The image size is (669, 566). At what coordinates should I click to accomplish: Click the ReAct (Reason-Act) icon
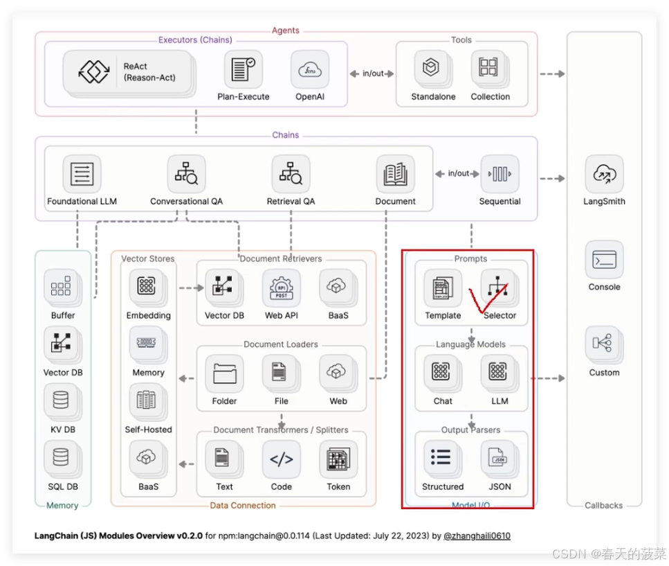pos(94,72)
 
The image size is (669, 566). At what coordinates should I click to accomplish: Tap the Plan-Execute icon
pos(243,70)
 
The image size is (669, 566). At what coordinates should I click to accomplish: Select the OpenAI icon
pos(309,70)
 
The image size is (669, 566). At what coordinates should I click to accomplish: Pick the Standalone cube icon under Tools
pos(432,69)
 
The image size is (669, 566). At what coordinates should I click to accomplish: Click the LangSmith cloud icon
pos(603,175)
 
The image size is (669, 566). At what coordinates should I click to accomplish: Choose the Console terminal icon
pos(603,260)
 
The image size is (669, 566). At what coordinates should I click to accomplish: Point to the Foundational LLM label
pos(82,202)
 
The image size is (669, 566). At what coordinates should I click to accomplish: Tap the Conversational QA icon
pos(186,175)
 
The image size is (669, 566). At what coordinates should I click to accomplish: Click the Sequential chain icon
pos(500,174)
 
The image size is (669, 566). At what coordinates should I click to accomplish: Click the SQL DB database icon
pos(62,459)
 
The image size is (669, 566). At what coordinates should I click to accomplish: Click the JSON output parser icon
pos(499,458)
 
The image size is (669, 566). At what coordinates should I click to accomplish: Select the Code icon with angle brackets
pos(281,459)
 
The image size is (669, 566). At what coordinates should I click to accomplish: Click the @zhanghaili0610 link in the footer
pos(477,536)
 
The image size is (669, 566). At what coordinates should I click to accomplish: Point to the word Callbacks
pos(603,506)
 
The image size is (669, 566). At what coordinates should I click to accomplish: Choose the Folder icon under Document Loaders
pos(224,373)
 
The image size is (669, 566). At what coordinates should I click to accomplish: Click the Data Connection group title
pos(243,506)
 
